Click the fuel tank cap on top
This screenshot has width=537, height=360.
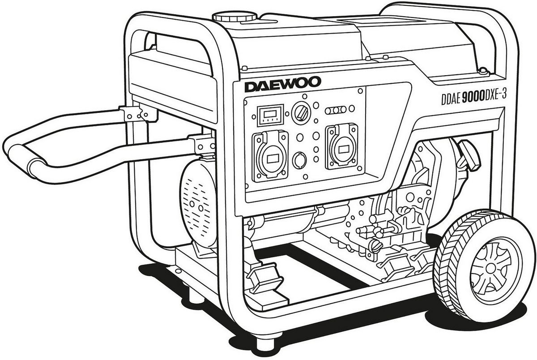coord(234,17)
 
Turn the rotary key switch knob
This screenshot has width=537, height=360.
coord(299,114)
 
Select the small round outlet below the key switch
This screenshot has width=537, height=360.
coord(299,159)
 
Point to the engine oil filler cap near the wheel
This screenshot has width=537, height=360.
coord(469,154)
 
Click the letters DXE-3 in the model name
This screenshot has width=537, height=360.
coord(499,95)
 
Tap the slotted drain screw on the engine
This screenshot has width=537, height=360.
coord(377,245)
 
